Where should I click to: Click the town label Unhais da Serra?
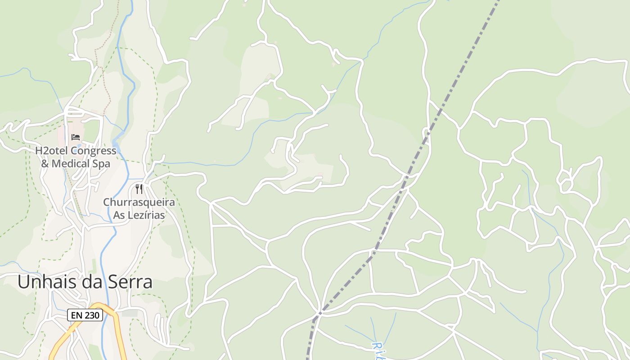point(85,282)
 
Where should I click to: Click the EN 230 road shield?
point(85,315)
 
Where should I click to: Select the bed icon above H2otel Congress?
point(76,137)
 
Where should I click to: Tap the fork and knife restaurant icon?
point(139,189)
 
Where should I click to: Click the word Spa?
point(101,164)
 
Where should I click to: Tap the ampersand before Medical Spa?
point(45,163)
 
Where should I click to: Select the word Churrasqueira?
point(139,202)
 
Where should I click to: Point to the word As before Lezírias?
point(119,215)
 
